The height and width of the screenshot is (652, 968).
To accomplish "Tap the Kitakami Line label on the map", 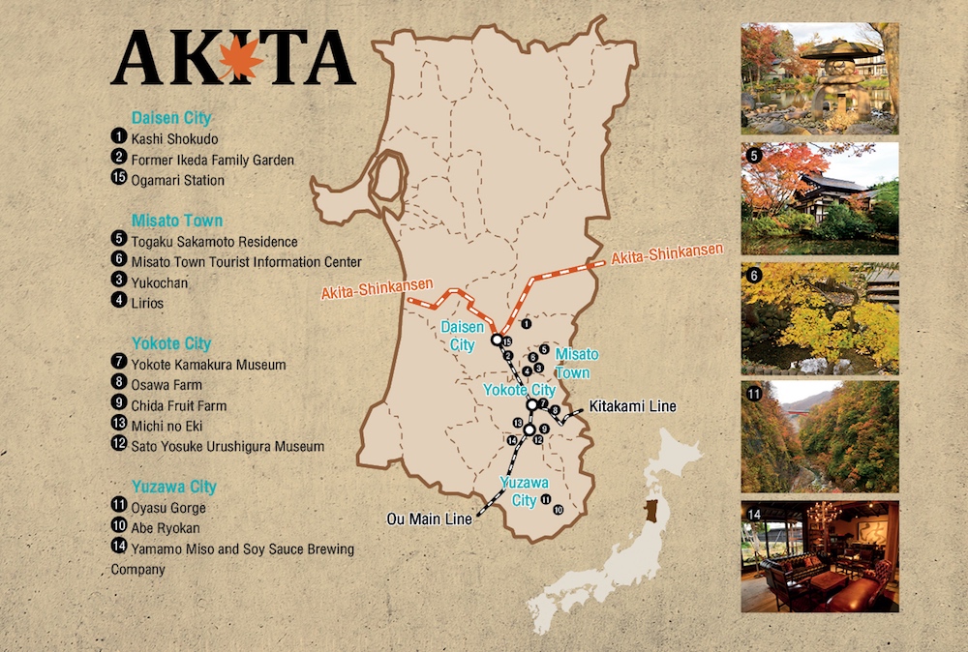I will tap(632, 406).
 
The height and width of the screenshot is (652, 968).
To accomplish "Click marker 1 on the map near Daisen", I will tap(526, 325).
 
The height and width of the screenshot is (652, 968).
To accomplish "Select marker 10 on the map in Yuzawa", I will tap(558, 509).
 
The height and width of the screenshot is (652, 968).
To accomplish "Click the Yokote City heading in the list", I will tap(171, 343).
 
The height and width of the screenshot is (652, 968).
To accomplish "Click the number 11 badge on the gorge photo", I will tap(754, 394).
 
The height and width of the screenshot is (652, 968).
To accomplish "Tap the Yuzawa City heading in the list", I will tap(174, 487).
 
